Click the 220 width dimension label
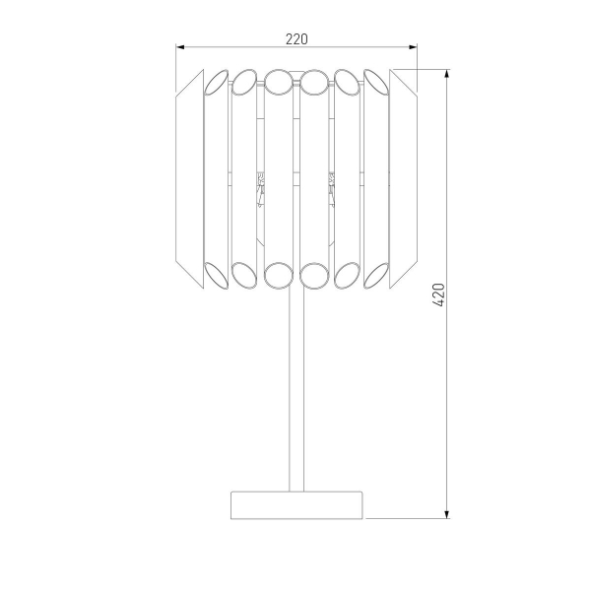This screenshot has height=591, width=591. coord(296,39)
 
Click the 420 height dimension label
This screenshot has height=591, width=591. coord(439,295)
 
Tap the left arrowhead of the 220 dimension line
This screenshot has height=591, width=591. coord(180,47)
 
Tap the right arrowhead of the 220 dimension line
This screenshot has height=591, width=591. coord(413,47)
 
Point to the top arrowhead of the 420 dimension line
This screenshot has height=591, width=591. coord(447,74)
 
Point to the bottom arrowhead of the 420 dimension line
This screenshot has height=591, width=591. coord(447,514)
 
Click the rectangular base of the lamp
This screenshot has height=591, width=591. coord(296,505)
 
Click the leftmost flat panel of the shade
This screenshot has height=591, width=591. coord(189,179)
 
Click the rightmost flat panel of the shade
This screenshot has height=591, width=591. coord(403,179)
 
